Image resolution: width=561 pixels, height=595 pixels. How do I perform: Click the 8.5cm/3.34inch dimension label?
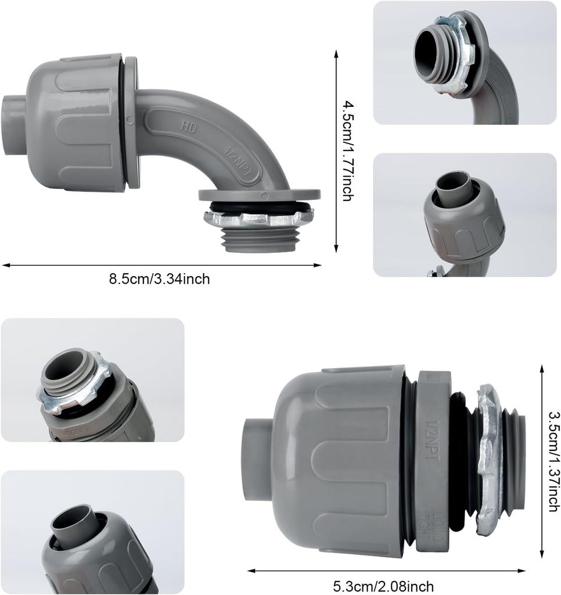[x=160, y=279]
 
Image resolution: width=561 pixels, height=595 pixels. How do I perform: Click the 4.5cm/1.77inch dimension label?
[x=347, y=150]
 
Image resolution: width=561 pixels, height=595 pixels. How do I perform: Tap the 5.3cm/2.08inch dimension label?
[x=384, y=585]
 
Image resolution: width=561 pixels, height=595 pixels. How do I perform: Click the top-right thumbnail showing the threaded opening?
[x=465, y=63]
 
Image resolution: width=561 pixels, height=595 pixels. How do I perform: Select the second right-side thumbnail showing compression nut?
[x=465, y=214]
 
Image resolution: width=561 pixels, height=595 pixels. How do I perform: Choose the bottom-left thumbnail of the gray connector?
[x=92, y=532]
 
